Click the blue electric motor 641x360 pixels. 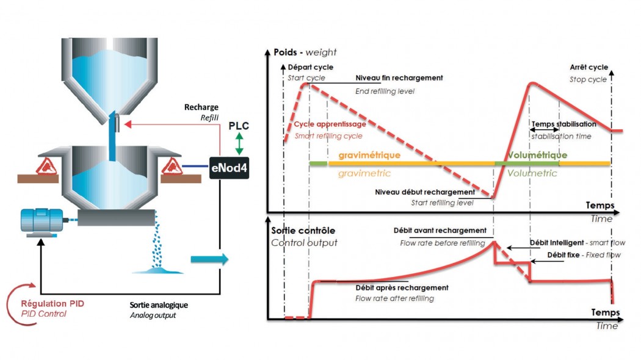pos(42,221)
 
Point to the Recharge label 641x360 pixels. pos(201,107)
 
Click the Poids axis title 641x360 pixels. pos(291,52)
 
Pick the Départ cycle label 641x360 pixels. pos(310,67)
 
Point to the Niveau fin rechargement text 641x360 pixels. pos(399,79)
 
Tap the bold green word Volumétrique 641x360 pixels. pos(537,155)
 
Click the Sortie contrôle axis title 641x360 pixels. pos(302,231)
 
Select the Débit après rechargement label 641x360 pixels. pos(402,287)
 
